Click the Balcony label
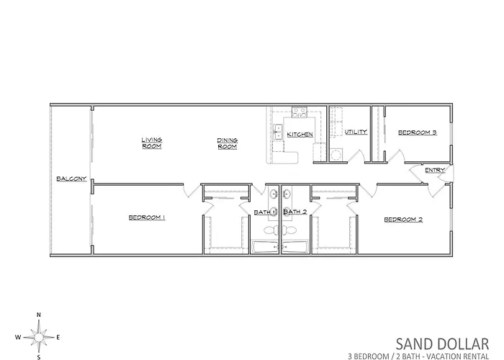(x=71, y=179)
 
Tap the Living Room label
(x=152, y=143)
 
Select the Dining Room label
(x=228, y=143)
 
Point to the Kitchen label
(x=300, y=135)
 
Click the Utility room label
(x=356, y=132)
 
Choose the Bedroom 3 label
(x=417, y=132)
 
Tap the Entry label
(x=435, y=170)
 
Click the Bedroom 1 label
(x=147, y=217)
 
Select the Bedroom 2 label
(x=403, y=220)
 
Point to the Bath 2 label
(x=295, y=212)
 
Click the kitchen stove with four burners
(x=300, y=112)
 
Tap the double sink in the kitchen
(x=277, y=132)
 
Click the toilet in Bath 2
(x=289, y=230)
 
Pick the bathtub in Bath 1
(x=266, y=247)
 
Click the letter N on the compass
(x=39, y=315)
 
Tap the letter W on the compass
(x=18, y=337)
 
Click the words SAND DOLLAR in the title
(x=442, y=344)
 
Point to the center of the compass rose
(x=39, y=337)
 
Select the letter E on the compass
(x=58, y=337)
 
